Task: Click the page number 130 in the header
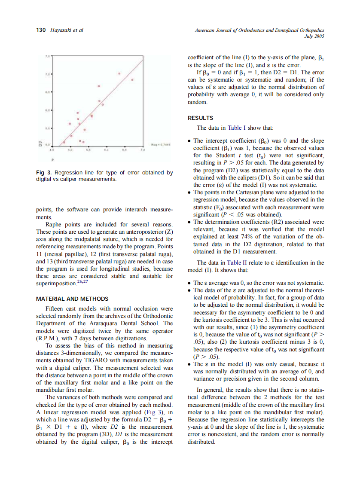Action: pyautogui.click(x=40, y=30)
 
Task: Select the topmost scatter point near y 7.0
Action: pyautogui.click(x=119, y=73)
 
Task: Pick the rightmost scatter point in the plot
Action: pyautogui.click(x=133, y=80)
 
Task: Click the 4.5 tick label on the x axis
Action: pyautogui.click(x=52, y=150)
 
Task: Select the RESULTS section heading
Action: pyautogui.click(x=200, y=118)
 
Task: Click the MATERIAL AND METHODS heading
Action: pyautogui.click(x=72, y=299)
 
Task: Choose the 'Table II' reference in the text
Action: pyautogui.click(x=237, y=262)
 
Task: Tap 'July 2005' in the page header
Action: pyautogui.click(x=314, y=37)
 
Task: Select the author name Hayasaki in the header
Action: pyautogui.click(x=61, y=30)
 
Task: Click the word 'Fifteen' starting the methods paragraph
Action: pyautogui.click(x=55, y=308)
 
